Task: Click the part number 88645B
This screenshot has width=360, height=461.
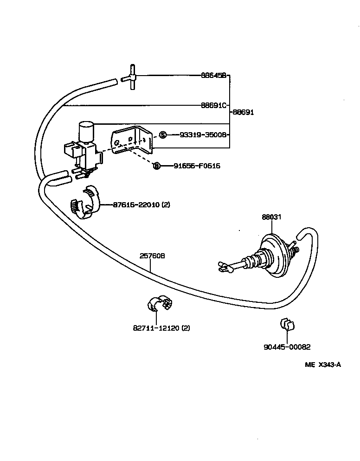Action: tap(213, 75)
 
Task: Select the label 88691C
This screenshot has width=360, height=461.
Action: tap(213, 105)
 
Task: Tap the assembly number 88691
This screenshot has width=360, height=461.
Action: tap(244, 112)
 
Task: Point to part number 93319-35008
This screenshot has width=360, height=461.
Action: tap(200, 135)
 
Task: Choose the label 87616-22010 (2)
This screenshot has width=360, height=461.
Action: tap(141, 204)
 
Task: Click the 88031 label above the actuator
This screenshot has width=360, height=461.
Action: tap(271, 217)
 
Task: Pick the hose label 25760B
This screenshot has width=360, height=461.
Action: tap(153, 256)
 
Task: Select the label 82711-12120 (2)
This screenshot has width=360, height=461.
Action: tap(161, 328)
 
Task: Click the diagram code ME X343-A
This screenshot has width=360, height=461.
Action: tap(323, 365)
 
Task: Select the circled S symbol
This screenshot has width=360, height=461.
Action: tap(162, 135)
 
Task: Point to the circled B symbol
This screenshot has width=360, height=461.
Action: tap(156, 166)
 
